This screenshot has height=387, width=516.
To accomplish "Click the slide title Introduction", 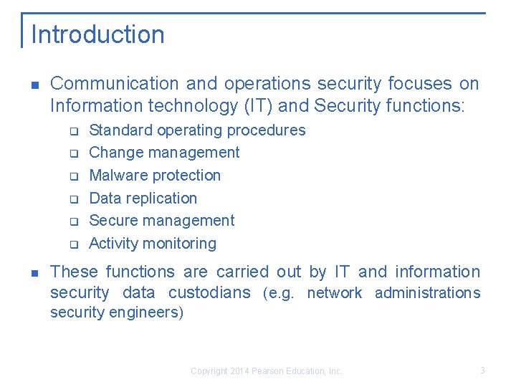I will (x=97, y=34).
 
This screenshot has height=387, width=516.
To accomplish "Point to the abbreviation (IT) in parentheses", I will (x=259, y=106).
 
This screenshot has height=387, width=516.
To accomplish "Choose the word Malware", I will (x=117, y=176).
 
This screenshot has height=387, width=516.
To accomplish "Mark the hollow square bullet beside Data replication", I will (x=73, y=199).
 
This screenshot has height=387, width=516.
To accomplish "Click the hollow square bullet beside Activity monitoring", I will (x=73, y=244).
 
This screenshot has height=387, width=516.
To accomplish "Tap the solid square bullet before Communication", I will (x=34, y=85).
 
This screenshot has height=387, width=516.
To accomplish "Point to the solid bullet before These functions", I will (x=34, y=272).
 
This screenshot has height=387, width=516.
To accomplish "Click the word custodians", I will (x=209, y=292).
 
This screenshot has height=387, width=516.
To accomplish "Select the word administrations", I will (x=427, y=292).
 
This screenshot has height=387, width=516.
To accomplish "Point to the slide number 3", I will (x=482, y=371).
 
